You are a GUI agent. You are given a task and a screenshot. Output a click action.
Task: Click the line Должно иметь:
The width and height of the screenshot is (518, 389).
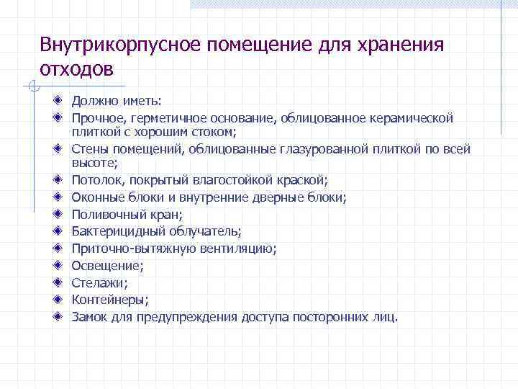(117, 101)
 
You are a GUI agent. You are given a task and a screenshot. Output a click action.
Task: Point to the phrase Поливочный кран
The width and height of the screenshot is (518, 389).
(127, 214)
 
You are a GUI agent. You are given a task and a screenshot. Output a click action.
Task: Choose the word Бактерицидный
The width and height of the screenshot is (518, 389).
(118, 231)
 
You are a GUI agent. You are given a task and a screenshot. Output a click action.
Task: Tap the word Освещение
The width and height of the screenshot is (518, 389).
(106, 266)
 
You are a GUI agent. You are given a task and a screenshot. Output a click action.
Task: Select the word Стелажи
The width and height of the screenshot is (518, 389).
(99, 283)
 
